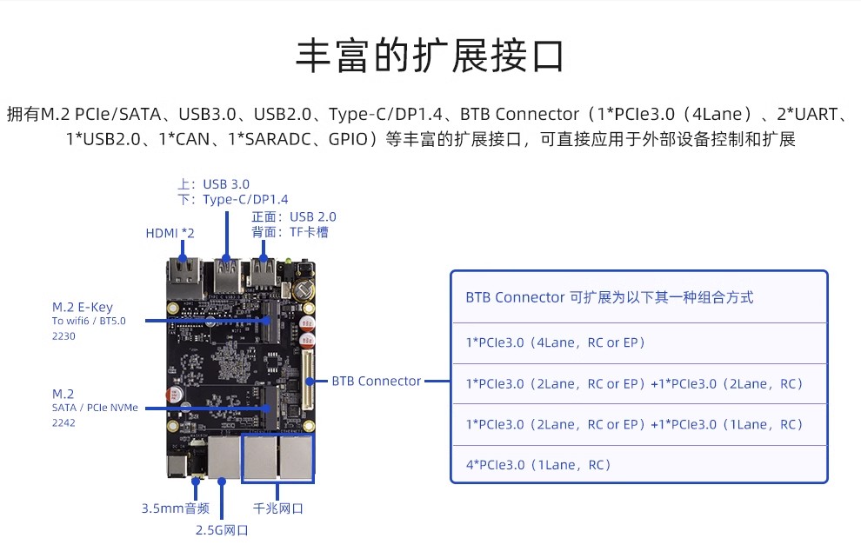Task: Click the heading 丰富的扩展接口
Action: point(430,56)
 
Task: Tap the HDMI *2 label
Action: point(169,233)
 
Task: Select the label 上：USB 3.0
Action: point(213,184)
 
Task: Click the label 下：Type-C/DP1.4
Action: point(232,200)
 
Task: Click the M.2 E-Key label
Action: point(83,307)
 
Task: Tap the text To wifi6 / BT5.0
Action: point(89,321)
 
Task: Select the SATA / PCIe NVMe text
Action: point(95,408)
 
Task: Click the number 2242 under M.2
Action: point(64,422)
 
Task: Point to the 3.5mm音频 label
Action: point(175,508)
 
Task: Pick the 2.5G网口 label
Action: point(222,530)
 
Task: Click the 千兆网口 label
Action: point(278,508)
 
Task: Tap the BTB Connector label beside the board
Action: point(377,381)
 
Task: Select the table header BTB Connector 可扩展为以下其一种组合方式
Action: point(609,297)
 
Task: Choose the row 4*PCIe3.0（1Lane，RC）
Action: point(539,464)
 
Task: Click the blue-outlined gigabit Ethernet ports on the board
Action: point(278,458)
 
